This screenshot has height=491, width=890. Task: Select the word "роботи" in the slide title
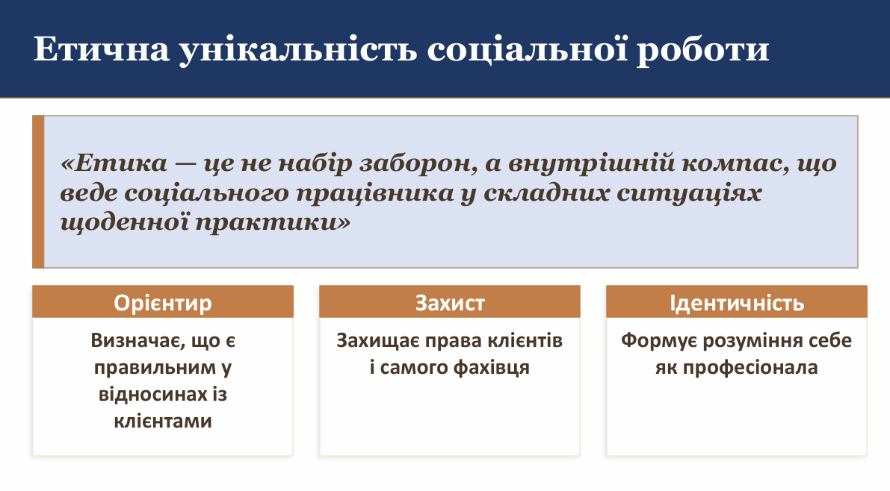702,51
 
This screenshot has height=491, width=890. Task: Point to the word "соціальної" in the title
528,49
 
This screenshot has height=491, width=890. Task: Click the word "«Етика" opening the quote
114,163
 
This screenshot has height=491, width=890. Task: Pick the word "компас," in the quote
735,164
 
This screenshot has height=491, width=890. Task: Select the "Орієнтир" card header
163,301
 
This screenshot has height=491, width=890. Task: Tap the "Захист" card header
450,301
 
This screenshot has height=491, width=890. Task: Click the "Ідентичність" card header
737,301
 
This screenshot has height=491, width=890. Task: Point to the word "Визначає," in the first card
139,341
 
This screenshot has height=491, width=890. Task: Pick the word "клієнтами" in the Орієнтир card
163,422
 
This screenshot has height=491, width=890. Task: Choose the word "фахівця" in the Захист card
492,368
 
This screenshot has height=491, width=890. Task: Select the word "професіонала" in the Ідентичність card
750,368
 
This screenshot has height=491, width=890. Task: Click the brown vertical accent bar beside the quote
38,192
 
